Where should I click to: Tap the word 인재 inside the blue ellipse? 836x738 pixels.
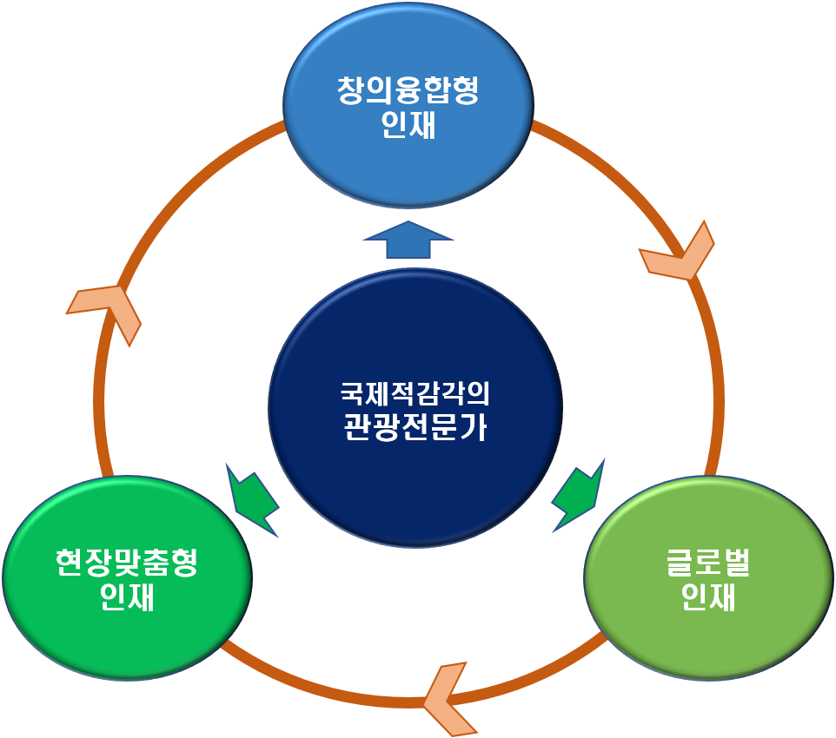coord(408,126)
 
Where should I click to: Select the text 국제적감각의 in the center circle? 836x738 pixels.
coord(415,392)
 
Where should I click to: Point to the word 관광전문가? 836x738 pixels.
coord(415,427)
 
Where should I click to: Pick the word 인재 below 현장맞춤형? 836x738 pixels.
coord(127,598)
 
